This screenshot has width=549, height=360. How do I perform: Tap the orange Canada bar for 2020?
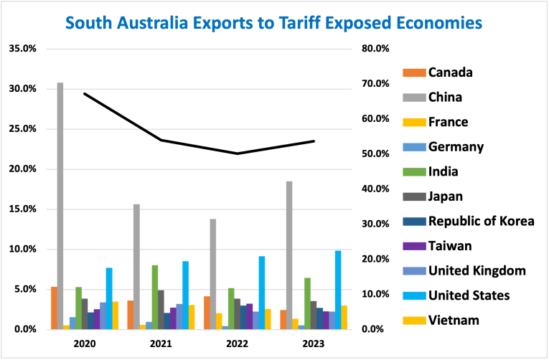click(x=54, y=308)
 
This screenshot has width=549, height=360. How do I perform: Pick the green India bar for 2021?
click(x=154, y=297)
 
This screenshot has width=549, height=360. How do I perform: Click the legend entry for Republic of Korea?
click(x=481, y=221)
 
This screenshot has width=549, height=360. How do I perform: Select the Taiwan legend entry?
click(x=449, y=246)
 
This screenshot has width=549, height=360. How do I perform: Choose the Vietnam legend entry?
click(x=453, y=320)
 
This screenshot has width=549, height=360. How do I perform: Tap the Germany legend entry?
click(x=455, y=146)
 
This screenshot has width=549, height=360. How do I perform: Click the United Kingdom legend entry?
click(x=477, y=270)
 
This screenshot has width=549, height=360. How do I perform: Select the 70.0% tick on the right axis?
click(x=375, y=84)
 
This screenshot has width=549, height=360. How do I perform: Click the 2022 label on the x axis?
click(x=237, y=344)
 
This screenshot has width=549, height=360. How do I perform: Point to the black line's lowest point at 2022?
click(x=237, y=153)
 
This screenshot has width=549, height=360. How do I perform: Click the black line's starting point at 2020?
click(x=85, y=93)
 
